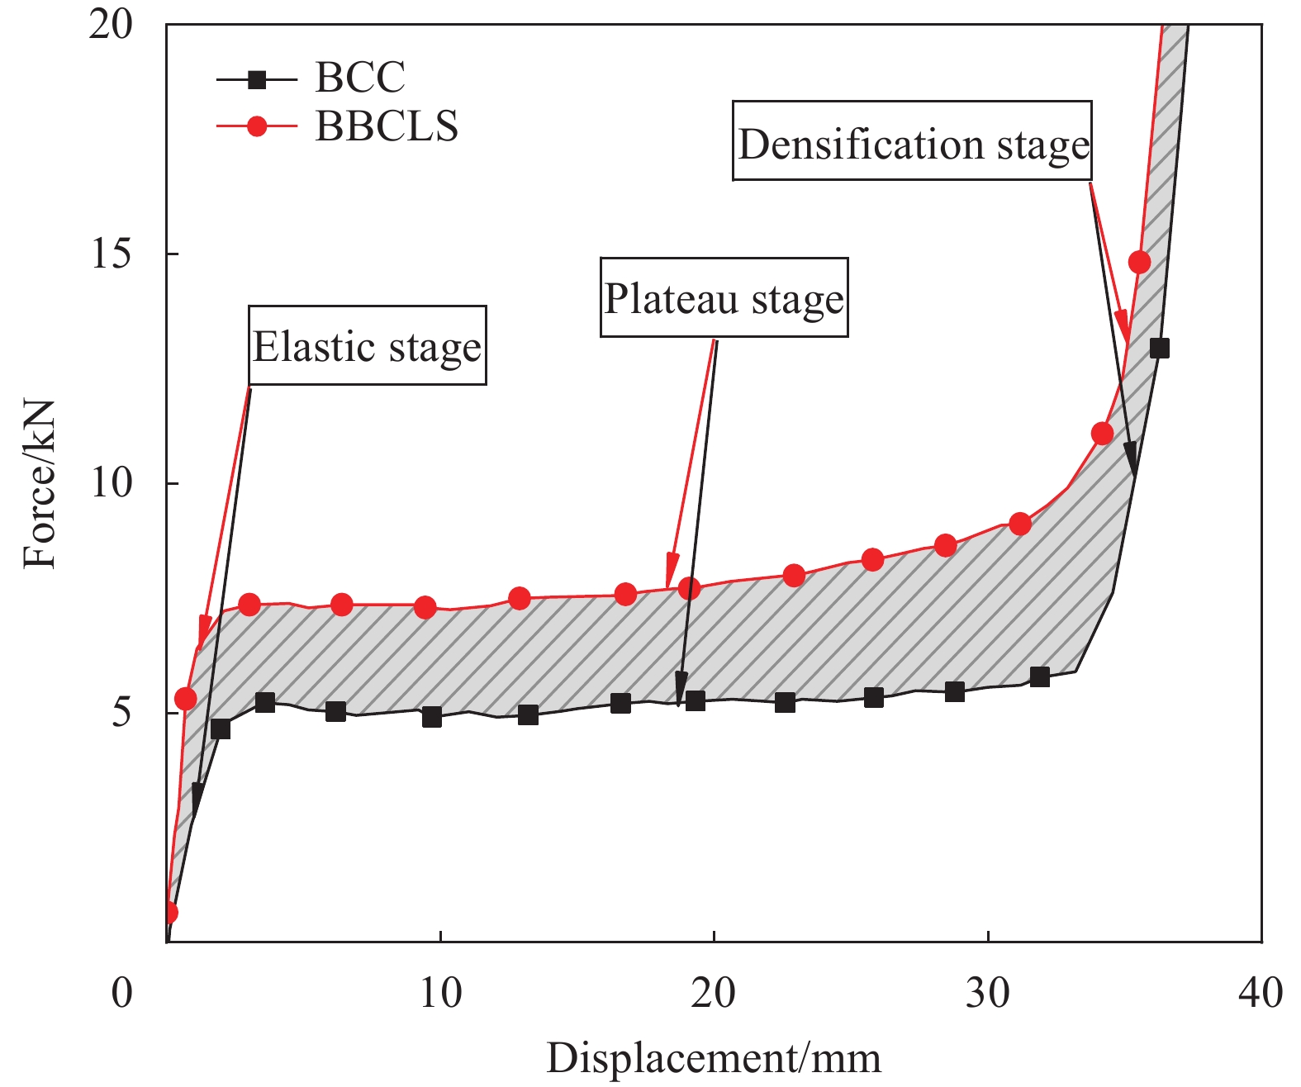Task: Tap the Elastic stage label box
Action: pos(367,346)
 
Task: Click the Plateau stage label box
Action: pos(724,298)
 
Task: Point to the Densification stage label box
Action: pos(913,142)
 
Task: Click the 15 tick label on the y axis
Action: pos(111,254)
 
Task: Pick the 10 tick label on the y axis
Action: pos(111,482)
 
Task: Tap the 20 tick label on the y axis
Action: pos(111,26)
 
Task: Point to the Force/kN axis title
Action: pos(39,484)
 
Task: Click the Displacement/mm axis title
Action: pos(714,1058)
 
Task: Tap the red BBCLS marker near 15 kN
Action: pos(1139,263)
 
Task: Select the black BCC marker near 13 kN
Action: pos(1160,348)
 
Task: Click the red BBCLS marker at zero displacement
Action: pos(169,912)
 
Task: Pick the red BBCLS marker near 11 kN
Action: pos(1102,434)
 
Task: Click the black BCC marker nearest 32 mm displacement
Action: pos(1040,677)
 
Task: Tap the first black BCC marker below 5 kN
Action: pos(221,729)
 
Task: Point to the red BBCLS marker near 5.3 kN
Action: pos(186,700)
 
